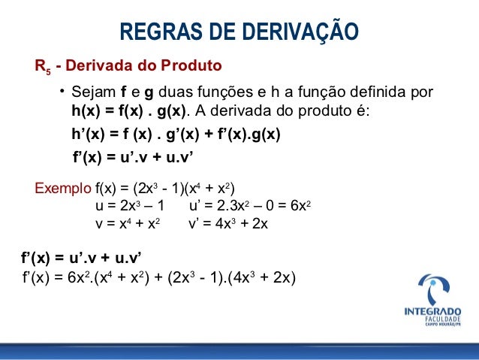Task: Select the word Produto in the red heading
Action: coord(193,66)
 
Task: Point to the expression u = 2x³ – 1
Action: coord(130,206)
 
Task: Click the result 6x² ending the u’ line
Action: coord(299,206)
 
